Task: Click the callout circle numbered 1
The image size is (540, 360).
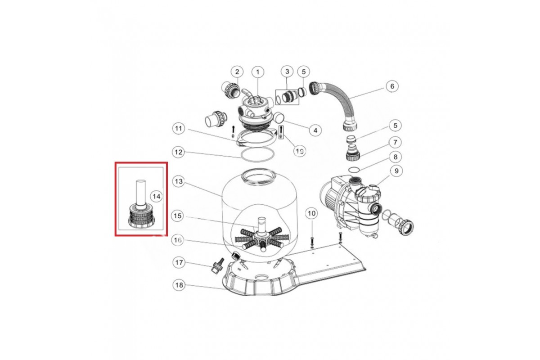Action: (258, 72)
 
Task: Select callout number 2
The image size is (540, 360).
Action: (237, 72)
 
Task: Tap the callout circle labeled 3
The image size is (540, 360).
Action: (287, 72)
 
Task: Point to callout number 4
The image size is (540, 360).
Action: (315, 130)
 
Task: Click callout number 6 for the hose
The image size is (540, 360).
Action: (392, 86)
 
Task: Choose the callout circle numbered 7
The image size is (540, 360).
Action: (395, 143)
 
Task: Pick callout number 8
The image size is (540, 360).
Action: (396, 157)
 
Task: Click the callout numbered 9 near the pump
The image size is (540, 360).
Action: (396, 171)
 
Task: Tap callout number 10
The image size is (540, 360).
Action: (311, 213)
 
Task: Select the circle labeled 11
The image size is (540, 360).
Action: (178, 128)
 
